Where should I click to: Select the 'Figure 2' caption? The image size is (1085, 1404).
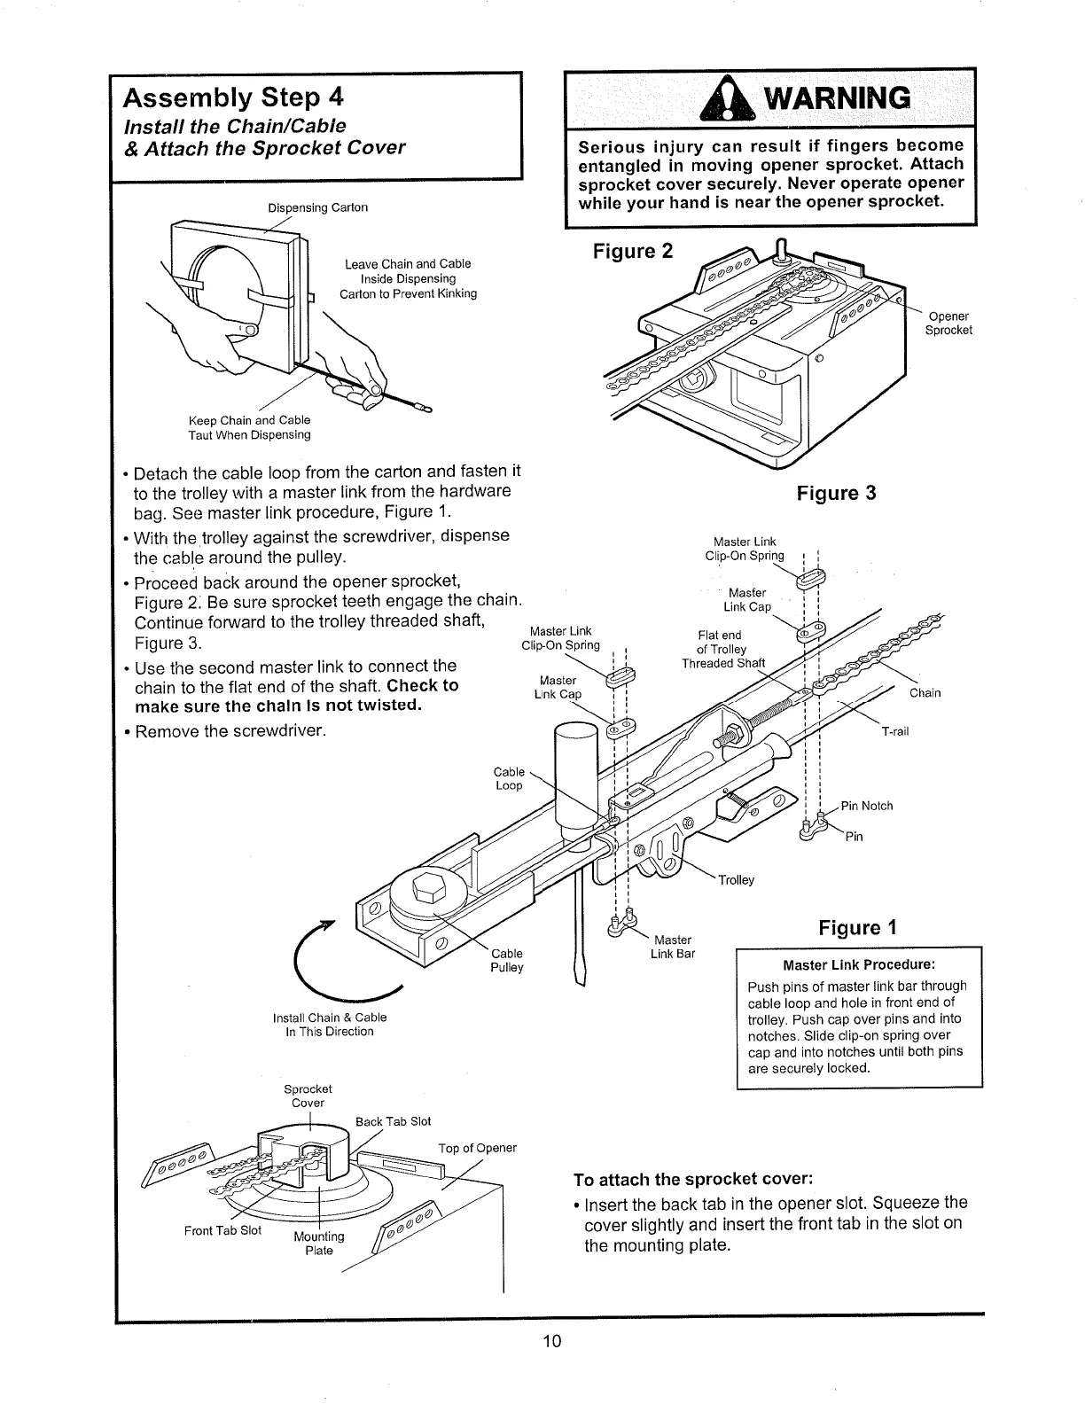(x=632, y=252)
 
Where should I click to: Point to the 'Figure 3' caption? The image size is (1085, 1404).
(x=836, y=493)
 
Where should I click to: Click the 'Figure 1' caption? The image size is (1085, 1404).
(x=857, y=928)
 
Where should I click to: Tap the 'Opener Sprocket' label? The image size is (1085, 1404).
(x=948, y=324)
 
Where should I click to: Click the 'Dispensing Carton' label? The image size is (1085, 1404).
(x=317, y=207)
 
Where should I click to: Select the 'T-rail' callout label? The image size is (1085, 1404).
(x=896, y=731)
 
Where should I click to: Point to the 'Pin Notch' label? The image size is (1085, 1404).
(x=866, y=806)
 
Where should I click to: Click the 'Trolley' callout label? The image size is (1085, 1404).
(x=736, y=880)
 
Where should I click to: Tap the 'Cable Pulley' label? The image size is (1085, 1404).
(x=506, y=960)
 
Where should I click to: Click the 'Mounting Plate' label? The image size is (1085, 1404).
(x=318, y=1243)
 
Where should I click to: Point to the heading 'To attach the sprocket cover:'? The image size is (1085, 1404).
(x=693, y=1180)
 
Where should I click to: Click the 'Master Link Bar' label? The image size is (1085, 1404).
(x=673, y=947)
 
